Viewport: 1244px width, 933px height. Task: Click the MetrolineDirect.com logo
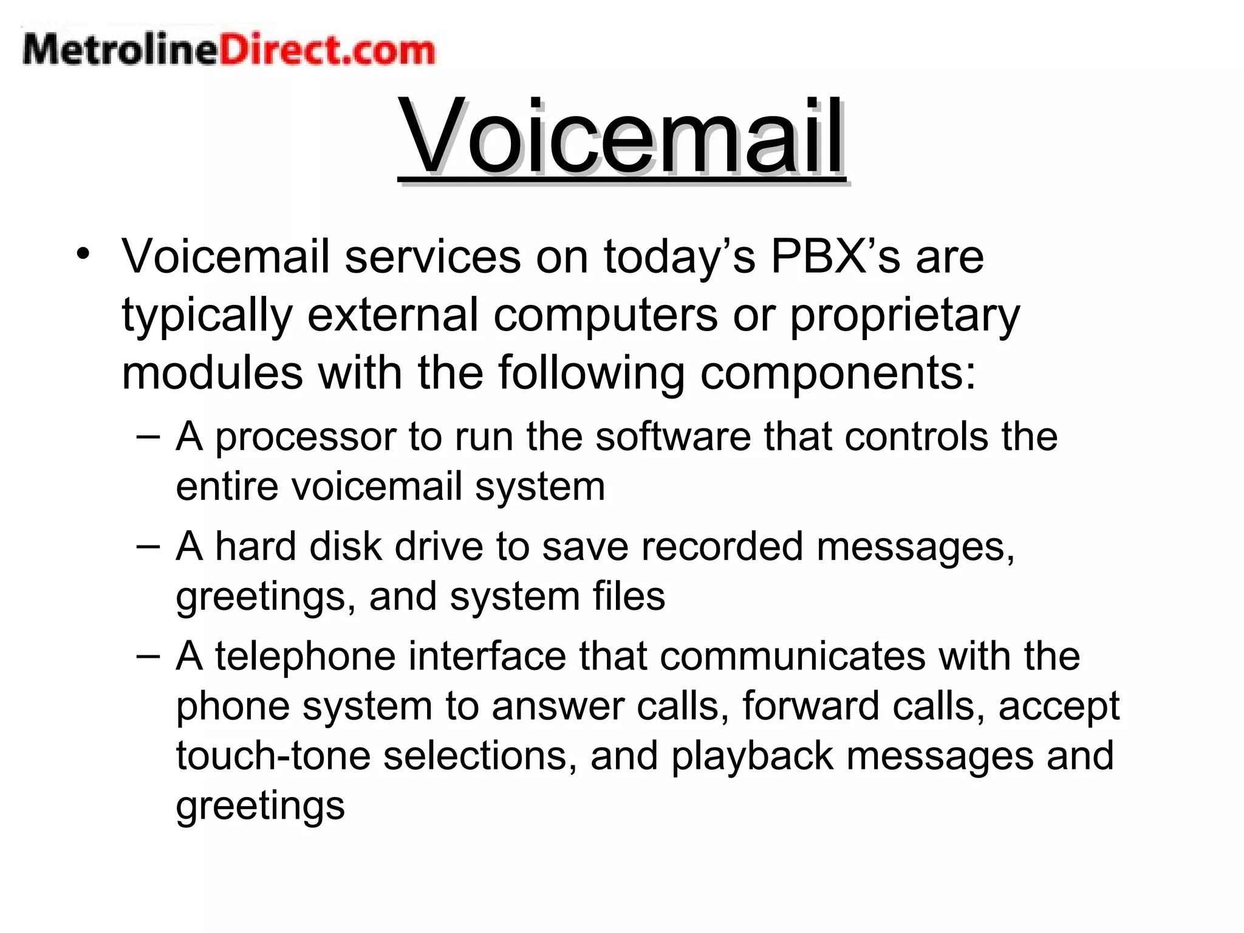229,50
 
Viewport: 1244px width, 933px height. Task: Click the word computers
606,315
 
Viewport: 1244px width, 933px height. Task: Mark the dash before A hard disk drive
148,545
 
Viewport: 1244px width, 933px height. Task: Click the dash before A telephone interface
148,656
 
